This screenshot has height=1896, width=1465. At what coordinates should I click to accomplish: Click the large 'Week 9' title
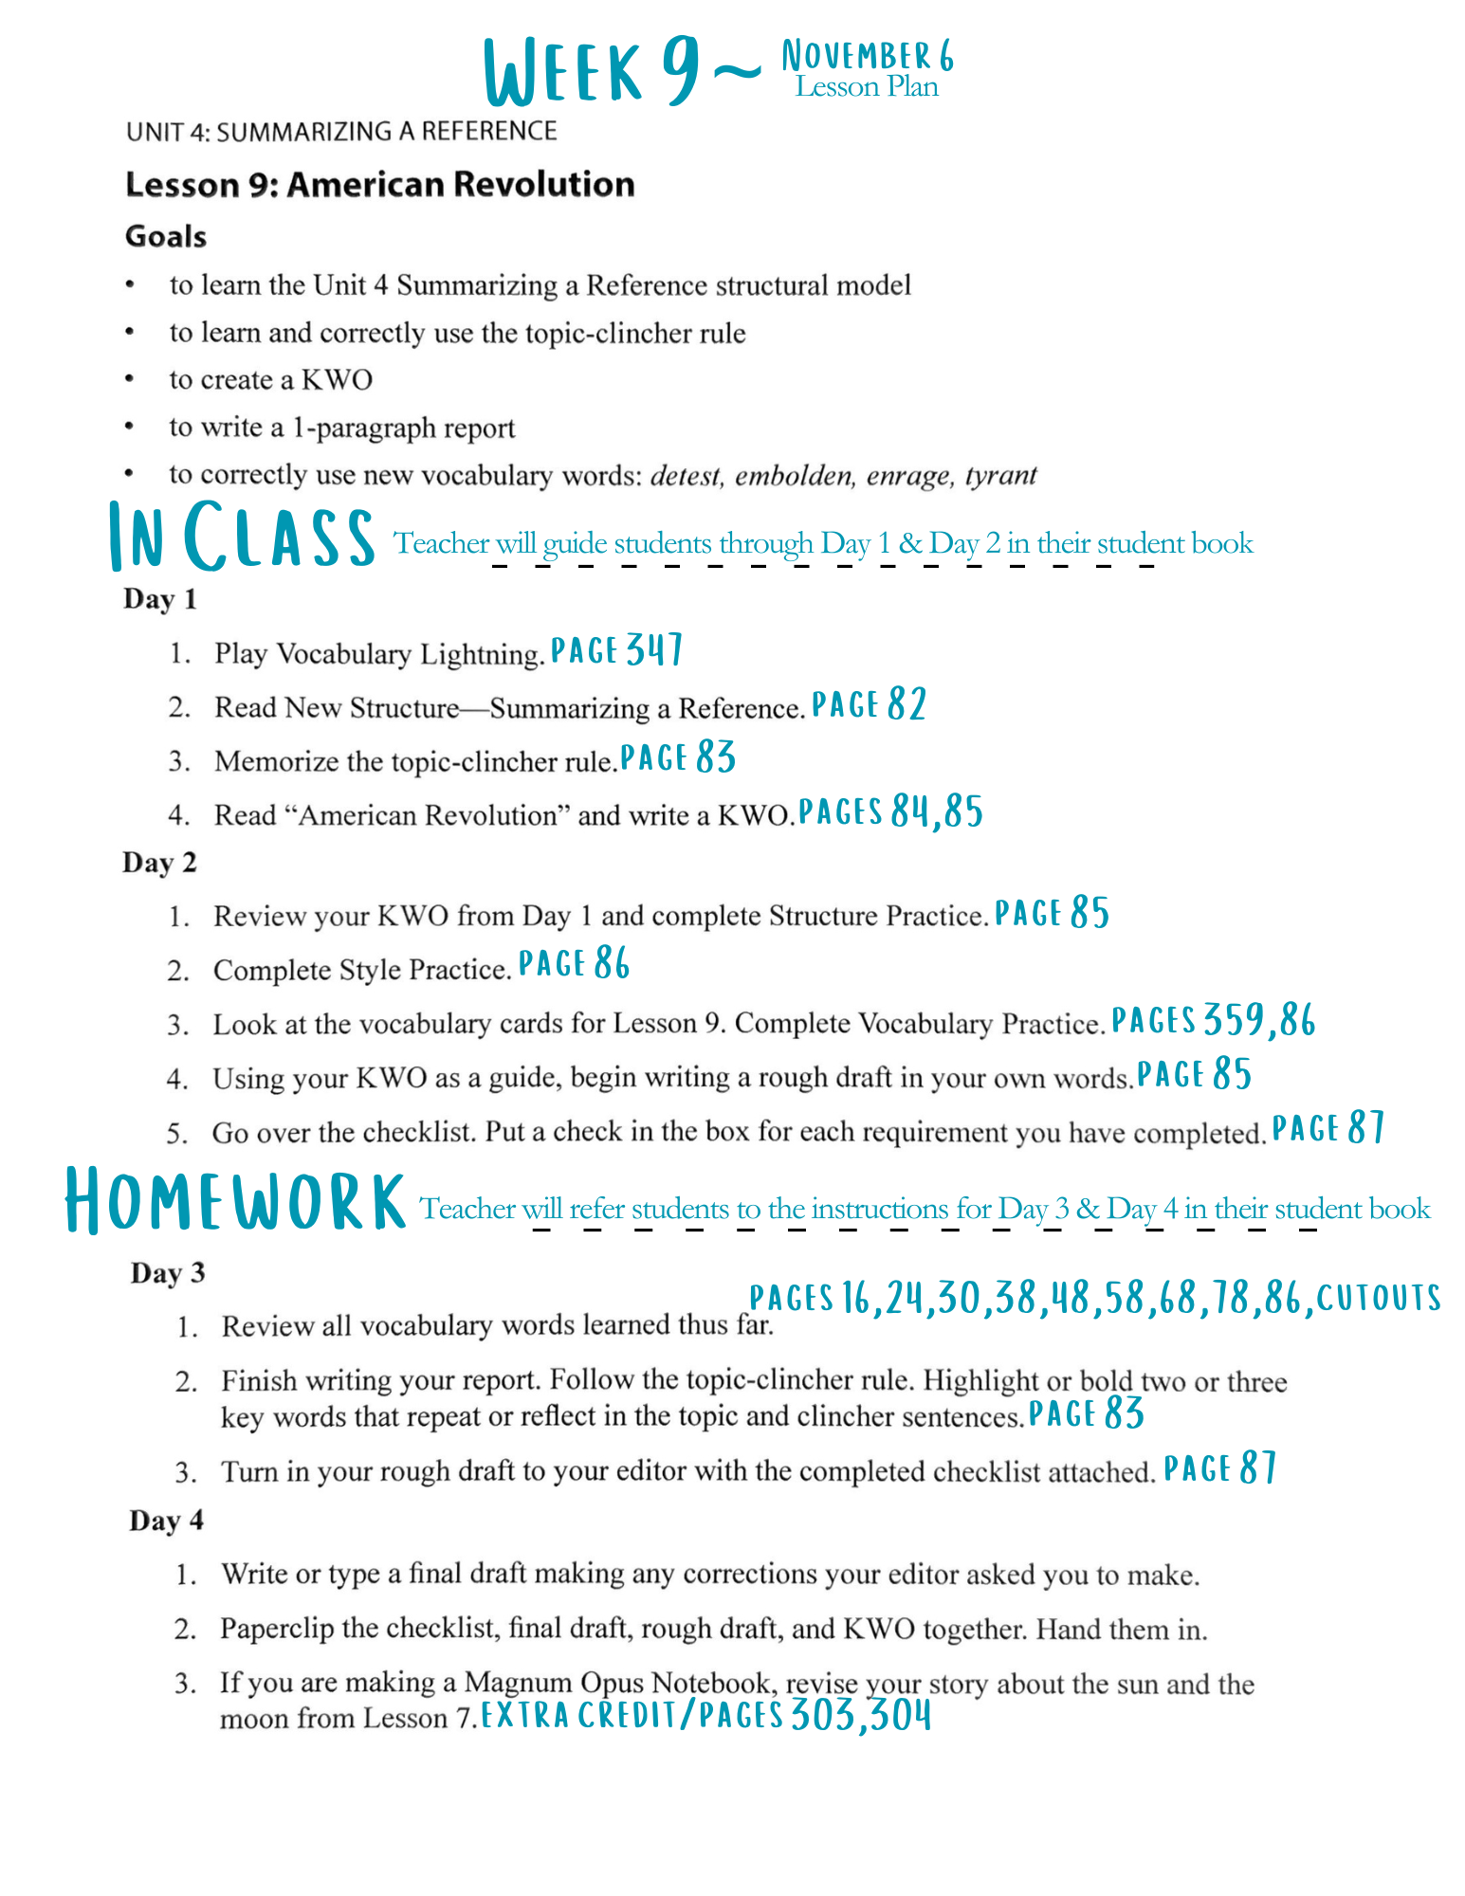tap(593, 71)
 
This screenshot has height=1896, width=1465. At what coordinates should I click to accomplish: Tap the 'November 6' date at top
tap(867, 56)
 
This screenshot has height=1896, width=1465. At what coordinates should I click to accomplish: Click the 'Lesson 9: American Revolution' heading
tap(379, 184)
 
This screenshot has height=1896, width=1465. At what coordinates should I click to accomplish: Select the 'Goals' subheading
tap(166, 236)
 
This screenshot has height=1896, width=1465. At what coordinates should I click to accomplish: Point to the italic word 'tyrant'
tap(1000, 474)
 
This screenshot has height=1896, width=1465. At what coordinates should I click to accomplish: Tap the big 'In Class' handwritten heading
tap(242, 538)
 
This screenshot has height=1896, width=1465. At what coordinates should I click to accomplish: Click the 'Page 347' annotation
tap(616, 650)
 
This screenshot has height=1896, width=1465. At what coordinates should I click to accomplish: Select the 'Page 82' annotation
tap(869, 704)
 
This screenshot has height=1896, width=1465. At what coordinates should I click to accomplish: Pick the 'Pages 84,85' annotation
tap(889, 811)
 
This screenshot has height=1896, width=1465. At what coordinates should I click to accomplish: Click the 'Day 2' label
tap(159, 863)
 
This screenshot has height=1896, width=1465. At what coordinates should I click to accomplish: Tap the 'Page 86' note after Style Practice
tap(574, 964)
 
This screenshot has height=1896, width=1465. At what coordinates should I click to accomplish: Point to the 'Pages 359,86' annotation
tap(1213, 1020)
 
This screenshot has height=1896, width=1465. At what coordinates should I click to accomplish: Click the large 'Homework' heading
tap(235, 1202)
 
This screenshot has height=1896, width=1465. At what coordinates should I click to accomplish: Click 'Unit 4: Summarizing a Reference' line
tap(341, 131)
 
